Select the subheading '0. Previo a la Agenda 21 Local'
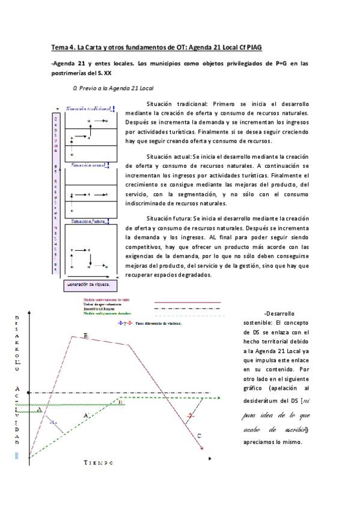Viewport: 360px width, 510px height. (x=113, y=87)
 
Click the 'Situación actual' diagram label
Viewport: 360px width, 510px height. (x=88, y=164)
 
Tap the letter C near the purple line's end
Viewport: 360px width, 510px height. (x=200, y=435)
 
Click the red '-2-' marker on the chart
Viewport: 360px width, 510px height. (x=191, y=416)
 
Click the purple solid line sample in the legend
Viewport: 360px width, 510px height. (x=188, y=302)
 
